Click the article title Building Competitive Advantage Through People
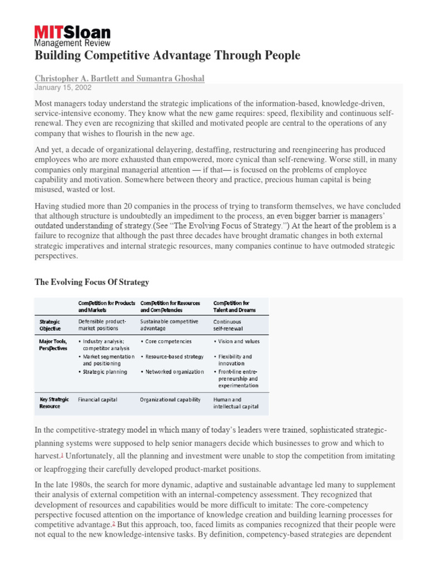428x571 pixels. pos(167,55)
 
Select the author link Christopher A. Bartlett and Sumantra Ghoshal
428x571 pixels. pos(119,79)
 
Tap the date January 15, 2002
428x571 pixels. pos(63,88)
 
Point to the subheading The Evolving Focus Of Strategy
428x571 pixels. pos(92,282)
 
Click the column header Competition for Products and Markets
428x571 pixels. pos(106,306)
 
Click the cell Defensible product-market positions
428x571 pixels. pos(103,325)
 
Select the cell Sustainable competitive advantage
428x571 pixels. pos(169,325)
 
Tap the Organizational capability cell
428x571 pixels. pos(170,399)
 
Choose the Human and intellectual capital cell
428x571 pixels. pos(236,403)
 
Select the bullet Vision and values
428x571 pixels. pos(239,341)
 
